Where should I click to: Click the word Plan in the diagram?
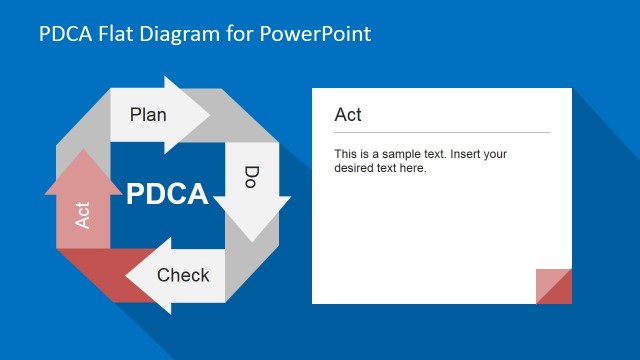[x=148, y=114]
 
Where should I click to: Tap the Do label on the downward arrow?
[x=252, y=178]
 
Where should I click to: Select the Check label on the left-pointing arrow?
[x=183, y=275]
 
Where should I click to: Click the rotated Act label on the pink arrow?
[x=83, y=214]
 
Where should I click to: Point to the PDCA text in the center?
[x=167, y=193]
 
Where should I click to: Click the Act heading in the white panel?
[x=348, y=115]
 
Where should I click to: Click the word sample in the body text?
[x=393, y=154]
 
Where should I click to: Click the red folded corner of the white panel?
[x=556, y=288]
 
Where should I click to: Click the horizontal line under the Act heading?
[x=441, y=132]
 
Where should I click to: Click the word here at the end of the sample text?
[x=412, y=168]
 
